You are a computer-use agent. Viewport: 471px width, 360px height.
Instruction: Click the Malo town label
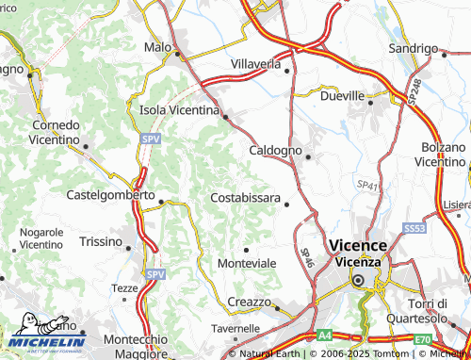pos(157,46)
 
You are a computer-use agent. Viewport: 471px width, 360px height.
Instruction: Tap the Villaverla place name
pos(256,64)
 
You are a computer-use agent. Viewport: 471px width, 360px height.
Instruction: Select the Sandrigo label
pos(414,48)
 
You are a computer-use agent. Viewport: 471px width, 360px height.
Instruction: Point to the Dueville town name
pos(342,96)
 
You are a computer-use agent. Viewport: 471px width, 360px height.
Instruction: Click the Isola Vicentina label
pos(177,110)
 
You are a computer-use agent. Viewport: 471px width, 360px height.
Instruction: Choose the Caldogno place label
pos(275,150)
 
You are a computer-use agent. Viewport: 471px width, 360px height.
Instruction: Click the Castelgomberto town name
pos(111,195)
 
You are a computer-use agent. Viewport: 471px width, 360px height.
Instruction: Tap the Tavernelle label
pos(235,329)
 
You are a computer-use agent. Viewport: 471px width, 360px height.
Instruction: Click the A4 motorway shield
pos(325,335)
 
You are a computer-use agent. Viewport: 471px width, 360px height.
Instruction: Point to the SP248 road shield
pos(414,90)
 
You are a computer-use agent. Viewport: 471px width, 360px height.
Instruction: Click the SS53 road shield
pos(413,229)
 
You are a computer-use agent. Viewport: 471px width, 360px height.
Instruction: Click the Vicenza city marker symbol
pos(358,281)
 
